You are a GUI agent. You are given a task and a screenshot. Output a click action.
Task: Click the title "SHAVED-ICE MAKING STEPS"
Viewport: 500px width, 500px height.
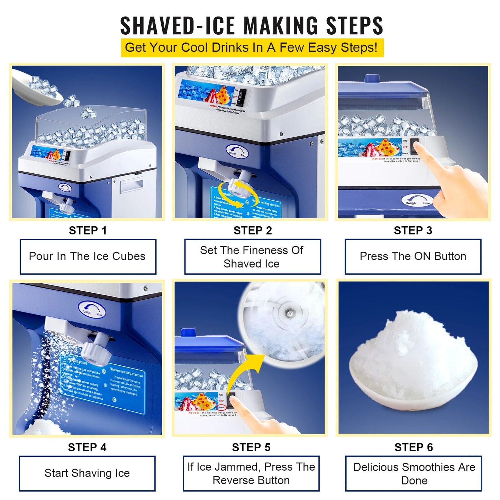coord(252,26)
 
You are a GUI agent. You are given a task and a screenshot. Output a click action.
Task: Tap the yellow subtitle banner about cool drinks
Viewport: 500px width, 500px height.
coord(252,48)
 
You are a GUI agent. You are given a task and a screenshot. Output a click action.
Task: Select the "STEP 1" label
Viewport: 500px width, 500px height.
coord(88,230)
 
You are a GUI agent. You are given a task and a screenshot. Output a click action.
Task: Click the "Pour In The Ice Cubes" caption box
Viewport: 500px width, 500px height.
coord(88,256)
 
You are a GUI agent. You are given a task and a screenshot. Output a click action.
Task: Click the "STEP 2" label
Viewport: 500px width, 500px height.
coord(253,230)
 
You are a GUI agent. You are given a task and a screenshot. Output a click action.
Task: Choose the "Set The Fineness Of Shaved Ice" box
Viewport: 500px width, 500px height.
coord(252,257)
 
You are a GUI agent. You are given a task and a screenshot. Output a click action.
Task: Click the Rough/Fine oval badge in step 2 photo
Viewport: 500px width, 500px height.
coord(237,152)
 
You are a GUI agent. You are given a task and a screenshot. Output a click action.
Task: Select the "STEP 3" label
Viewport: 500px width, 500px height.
coord(413,230)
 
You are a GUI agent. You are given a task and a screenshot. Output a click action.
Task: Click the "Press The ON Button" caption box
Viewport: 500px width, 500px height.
coord(413,256)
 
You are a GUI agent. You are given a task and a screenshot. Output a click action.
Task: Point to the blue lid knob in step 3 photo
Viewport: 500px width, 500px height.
coord(375,78)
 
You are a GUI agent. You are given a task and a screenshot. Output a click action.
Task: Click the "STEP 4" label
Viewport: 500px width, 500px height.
coord(87,447)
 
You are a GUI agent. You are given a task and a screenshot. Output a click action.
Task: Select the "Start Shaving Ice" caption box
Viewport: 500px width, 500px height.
coord(87,473)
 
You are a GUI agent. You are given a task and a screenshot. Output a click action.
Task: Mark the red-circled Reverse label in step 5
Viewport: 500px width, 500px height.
coord(221,407)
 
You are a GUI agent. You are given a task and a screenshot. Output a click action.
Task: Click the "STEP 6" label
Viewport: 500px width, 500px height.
coord(413,447)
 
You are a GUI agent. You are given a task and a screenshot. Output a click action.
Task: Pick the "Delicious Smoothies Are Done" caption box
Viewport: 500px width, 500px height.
coord(414,473)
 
